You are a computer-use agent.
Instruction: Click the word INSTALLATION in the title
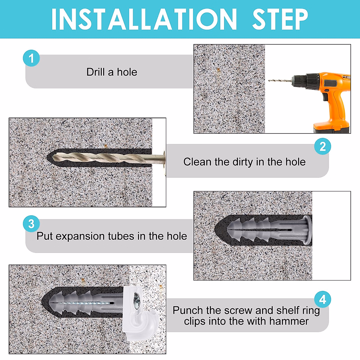[144, 19]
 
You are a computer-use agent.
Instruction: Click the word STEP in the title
[280, 19]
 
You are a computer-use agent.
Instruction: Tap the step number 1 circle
[31, 58]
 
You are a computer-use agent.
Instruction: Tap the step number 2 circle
[322, 146]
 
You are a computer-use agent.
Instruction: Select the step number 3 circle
[31, 223]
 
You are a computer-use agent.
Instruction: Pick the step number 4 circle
[322, 299]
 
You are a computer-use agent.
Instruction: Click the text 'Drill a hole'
[112, 72]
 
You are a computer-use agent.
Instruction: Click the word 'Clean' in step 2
[197, 162]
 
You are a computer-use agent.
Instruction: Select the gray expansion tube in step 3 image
[269, 230]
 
